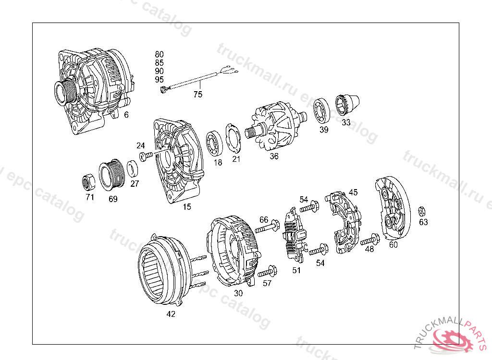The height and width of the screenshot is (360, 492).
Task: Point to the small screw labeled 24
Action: point(146,155)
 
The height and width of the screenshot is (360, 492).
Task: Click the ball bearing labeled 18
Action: point(214,144)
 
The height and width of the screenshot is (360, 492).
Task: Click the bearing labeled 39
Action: point(321,110)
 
